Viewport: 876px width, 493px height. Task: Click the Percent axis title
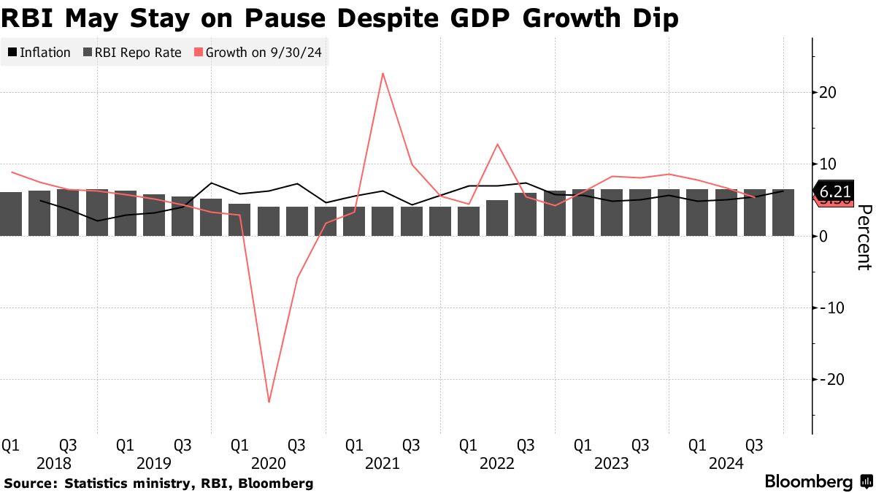(863, 237)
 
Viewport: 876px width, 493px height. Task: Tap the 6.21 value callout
(835, 191)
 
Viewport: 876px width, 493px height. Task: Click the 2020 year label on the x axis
(268, 463)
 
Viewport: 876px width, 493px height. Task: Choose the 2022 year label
(497, 463)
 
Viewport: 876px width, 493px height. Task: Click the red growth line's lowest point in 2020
(269, 402)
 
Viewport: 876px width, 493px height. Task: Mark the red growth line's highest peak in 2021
(383, 73)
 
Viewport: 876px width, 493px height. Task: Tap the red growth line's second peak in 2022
(497, 144)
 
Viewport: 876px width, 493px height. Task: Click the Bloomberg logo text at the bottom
(808, 481)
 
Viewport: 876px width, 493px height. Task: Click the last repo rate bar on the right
(783, 213)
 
